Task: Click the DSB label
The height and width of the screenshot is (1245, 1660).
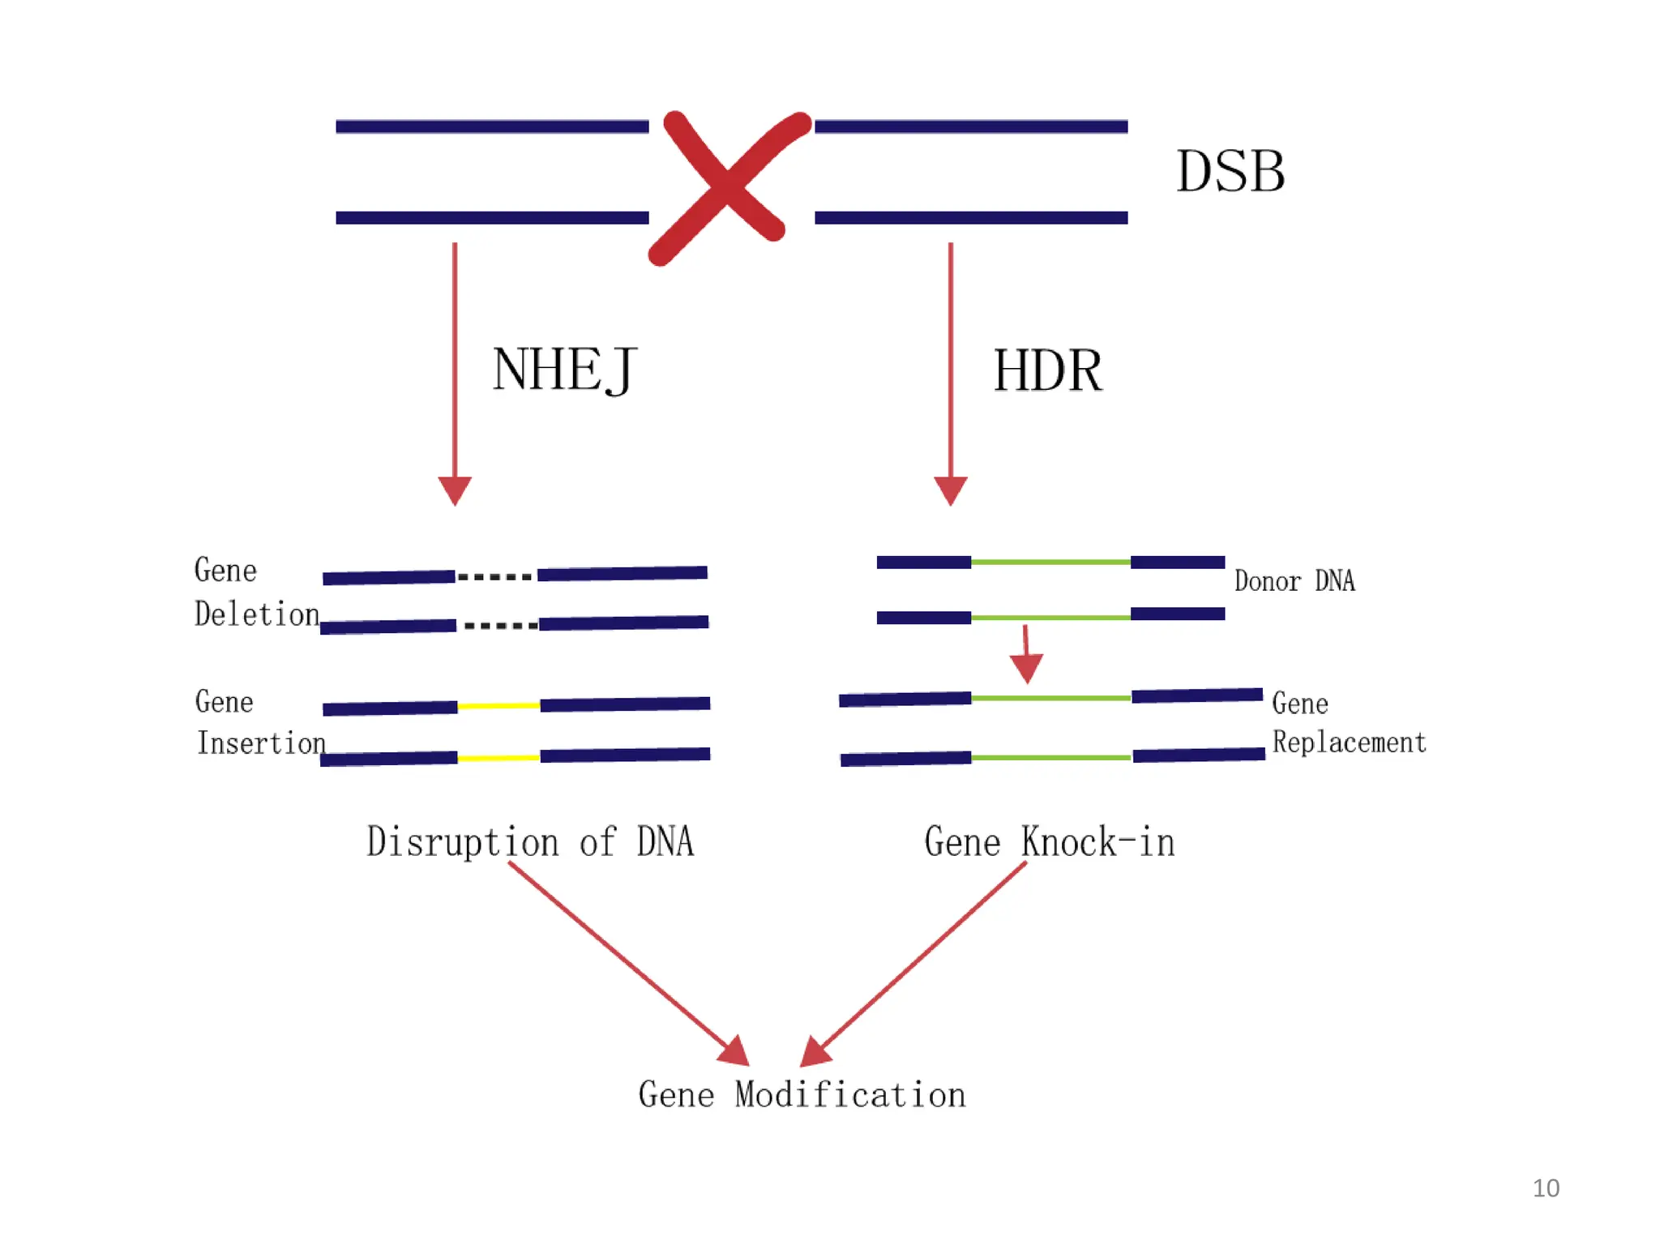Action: click(x=1230, y=172)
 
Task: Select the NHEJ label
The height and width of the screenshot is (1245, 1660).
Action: click(x=564, y=370)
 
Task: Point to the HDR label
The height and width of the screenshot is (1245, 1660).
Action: click(x=1047, y=371)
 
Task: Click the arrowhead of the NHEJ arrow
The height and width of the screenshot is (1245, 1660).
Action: click(x=455, y=490)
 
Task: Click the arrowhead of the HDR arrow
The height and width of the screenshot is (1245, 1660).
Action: click(x=950, y=490)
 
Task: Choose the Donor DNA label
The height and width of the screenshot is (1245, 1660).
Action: click(x=1294, y=581)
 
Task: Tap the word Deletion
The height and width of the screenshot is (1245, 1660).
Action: click(x=257, y=614)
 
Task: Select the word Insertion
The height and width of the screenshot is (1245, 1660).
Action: click(x=261, y=742)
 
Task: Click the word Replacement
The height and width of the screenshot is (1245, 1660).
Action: click(x=1349, y=742)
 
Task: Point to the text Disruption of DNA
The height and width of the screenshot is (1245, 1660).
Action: click(x=530, y=841)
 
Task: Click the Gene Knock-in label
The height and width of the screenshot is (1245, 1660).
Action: click(x=1049, y=841)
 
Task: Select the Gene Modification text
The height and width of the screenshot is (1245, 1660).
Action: click(x=802, y=1095)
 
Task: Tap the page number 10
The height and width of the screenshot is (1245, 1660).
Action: click(x=1546, y=1188)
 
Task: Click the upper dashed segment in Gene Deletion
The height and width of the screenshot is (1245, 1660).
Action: click(x=495, y=577)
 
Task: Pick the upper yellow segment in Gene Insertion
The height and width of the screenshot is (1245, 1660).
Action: click(x=498, y=706)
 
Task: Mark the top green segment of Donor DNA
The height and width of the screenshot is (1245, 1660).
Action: click(x=1050, y=562)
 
